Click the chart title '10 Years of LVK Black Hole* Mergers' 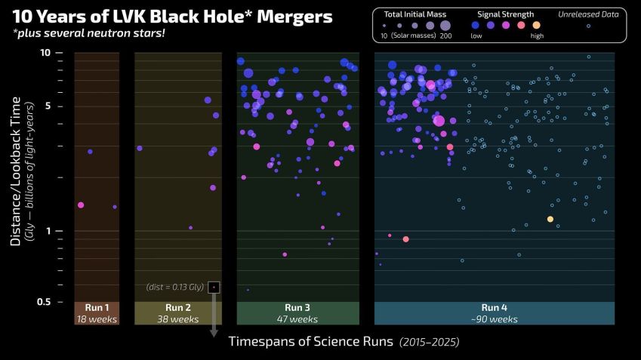click(x=171, y=16)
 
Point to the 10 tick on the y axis click(x=46, y=53)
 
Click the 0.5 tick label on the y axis click(x=43, y=302)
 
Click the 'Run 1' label click(x=97, y=308)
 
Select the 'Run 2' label click(x=178, y=308)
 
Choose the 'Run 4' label click(x=495, y=308)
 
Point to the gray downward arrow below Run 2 click(x=214, y=317)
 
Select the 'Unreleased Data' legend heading click(x=588, y=14)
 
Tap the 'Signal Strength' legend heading click(x=506, y=14)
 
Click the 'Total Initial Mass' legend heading click(x=414, y=14)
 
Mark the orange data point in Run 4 click(x=550, y=219)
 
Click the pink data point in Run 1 click(x=81, y=205)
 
